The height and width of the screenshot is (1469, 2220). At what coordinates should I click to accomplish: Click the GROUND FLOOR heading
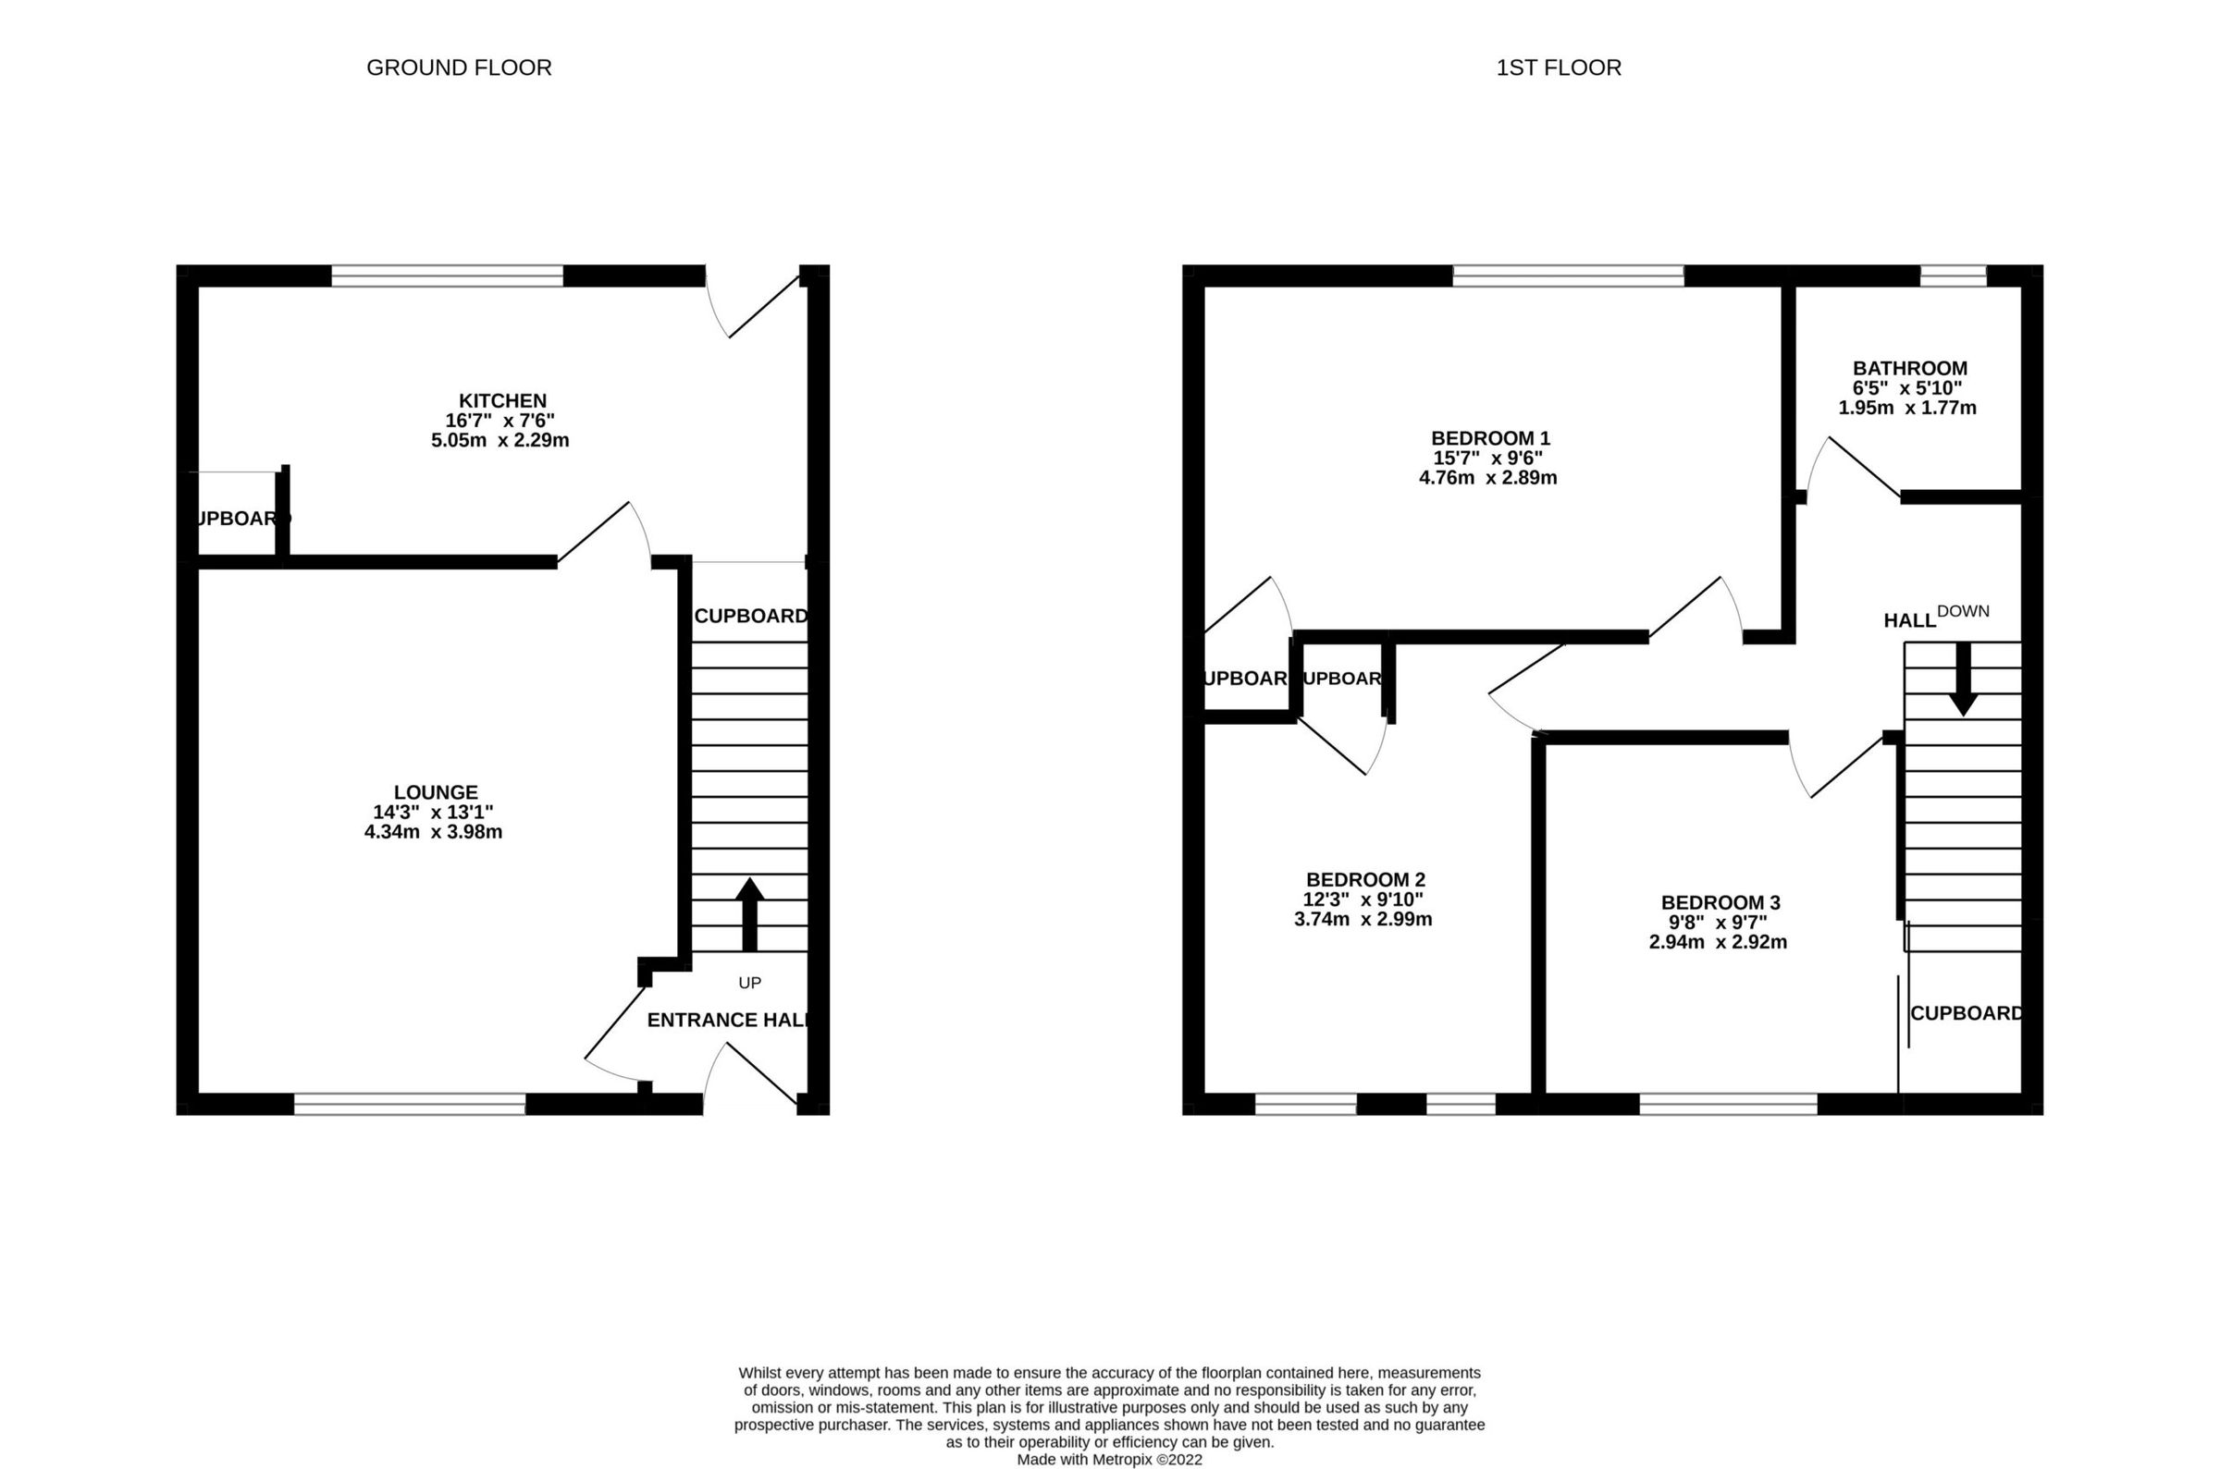pyautogui.click(x=458, y=67)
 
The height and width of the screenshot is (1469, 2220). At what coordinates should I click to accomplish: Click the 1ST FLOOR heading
pyautogui.click(x=1558, y=67)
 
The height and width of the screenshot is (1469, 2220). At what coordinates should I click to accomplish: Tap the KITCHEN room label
pyautogui.click(x=501, y=401)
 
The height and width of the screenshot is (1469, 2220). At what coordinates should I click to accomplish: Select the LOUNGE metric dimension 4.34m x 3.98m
pyautogui.click(x=433, y=832)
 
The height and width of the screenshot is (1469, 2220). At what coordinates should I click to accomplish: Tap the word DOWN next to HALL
pyautogui.click(x=1962, y=611)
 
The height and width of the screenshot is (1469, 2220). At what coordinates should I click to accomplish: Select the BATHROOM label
pyautogui.click(x=1909, y=368)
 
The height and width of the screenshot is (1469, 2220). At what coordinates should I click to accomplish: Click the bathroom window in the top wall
pyautogui.click(x=1953, y=275)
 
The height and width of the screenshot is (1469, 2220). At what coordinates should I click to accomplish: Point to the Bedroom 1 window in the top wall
pyautogui.click(x=1568, y=275)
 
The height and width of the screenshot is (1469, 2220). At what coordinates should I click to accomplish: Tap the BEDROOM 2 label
pyautogui.click(x=1364, y=880)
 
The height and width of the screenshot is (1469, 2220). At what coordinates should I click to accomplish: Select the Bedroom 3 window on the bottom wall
pyautogui.click(x=1728, y=1104)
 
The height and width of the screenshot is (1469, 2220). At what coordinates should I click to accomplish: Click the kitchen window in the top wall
pyautogui.click(x=447, y=275)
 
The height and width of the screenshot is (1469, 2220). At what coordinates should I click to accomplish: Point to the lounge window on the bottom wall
pyautogui.click(x=410, y=1104)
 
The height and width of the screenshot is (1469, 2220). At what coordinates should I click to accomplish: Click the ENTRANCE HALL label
pyautogui.click(x=727, y=1021)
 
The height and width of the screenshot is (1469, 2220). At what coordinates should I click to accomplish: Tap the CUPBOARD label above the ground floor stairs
pyautogui.click(x=749, y=616)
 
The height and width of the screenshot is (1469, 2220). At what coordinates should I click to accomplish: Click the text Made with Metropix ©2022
pyautogui.click(x=1108, y=1459)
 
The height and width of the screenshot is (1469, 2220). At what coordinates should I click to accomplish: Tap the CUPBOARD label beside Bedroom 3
pyautogui.click(x=1965, y=1012)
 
